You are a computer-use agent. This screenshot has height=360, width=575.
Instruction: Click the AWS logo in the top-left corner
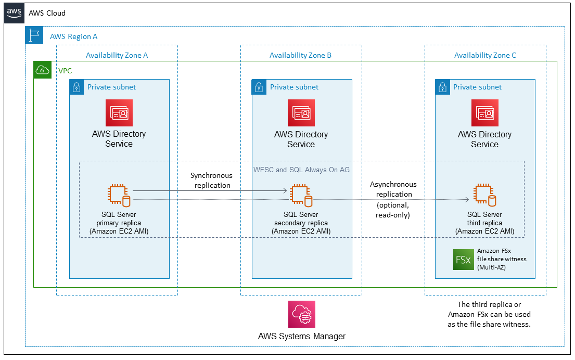(14, 12)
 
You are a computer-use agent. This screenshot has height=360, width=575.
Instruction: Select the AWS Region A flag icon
(34, 36)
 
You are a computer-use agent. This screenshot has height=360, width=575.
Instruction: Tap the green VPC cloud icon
(43, 70)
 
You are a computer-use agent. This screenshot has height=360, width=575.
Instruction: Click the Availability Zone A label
(117, 55)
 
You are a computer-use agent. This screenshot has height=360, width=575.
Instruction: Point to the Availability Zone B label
(300, 55)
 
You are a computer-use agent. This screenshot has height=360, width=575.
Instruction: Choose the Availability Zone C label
(485, 55)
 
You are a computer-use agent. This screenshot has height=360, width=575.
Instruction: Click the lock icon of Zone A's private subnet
(77, 87)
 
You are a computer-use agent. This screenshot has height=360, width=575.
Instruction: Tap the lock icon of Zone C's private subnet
(443, 87)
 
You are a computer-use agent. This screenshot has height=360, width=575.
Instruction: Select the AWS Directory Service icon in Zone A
(119, 113)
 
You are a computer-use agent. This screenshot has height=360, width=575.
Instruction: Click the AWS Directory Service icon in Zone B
(301, 113)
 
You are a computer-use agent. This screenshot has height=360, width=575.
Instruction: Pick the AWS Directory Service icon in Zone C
(484, 113)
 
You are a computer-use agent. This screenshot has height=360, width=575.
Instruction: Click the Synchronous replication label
(211, 181)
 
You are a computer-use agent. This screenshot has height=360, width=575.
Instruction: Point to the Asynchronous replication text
(393, 189)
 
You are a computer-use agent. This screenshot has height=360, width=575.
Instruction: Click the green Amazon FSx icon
(462, 259)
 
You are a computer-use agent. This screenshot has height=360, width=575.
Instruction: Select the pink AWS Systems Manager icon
(302, 314)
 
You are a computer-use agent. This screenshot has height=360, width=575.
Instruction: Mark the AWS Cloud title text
(47, 12)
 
